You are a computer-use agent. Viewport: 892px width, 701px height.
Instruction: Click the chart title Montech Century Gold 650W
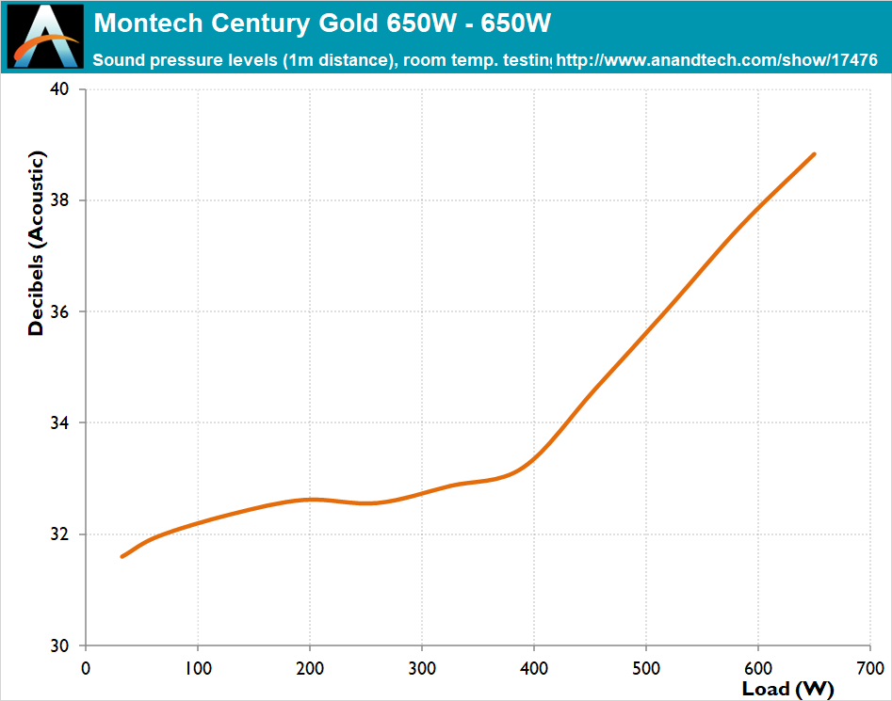point(322,23)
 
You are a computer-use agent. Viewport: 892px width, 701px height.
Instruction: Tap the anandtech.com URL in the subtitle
point(718,61)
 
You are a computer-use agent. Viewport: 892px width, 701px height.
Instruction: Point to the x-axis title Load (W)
point(787,689)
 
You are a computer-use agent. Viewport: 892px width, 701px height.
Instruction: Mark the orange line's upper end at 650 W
point(814,153)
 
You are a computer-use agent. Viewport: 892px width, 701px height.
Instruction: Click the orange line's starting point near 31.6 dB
point(122,556)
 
